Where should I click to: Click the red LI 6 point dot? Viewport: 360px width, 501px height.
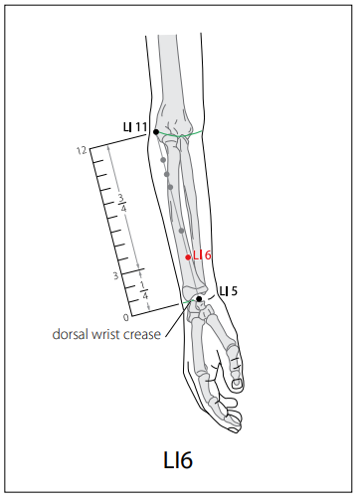point(188,257)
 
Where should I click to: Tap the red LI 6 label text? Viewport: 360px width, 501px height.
point(202,255)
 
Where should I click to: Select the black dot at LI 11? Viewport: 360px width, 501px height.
point(156,132)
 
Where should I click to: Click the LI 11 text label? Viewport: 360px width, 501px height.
point(135,127)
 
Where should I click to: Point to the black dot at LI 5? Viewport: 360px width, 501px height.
point(199,299)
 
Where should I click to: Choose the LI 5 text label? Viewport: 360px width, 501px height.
point(229,291)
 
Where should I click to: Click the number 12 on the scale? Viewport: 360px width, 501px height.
point(82,151)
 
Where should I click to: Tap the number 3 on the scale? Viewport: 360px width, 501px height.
point(115,275)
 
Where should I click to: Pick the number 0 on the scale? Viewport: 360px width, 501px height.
point(126,318)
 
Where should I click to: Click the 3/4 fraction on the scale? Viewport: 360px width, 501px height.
point(122,203)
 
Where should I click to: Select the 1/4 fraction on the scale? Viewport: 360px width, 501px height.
point(144,290)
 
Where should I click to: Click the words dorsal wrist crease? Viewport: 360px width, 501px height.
point(106,334)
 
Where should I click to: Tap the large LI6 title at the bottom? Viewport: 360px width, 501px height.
point(178,459)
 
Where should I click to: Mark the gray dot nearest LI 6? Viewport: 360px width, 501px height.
point(181,231)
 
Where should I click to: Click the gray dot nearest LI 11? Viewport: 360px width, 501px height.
point(163,160)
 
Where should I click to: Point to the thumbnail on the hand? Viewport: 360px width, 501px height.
point(237,384)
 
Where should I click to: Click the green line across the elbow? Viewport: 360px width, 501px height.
point(179,134)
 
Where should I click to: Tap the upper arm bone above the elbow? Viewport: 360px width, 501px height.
point(168,72)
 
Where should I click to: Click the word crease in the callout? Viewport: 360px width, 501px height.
point(142,334)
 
